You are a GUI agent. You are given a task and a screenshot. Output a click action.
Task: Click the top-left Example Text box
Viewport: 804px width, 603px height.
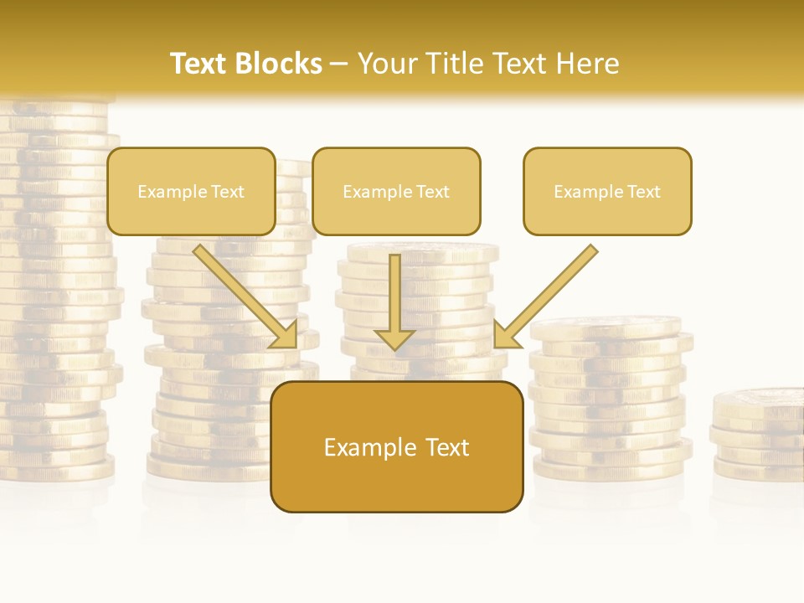point(191,192)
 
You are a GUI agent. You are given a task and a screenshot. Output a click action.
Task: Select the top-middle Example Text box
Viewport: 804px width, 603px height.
point(396,192)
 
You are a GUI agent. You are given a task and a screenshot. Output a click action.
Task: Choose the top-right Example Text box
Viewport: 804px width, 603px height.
point(607,192)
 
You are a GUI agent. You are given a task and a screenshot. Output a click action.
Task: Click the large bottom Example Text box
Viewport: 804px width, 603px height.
point(396,447)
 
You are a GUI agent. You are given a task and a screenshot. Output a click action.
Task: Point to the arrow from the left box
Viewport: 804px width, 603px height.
point(243,294)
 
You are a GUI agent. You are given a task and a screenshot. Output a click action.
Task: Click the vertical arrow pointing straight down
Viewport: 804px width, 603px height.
point(394,297)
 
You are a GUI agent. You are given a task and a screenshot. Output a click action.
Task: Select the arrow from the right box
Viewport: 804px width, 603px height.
point(549,293)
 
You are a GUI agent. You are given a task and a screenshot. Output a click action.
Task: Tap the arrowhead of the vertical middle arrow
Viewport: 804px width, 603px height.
point(394,339)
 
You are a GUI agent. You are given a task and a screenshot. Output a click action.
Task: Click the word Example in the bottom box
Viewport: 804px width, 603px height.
point(365,447)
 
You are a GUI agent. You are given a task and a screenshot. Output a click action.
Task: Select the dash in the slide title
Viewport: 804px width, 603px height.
point(340,64)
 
